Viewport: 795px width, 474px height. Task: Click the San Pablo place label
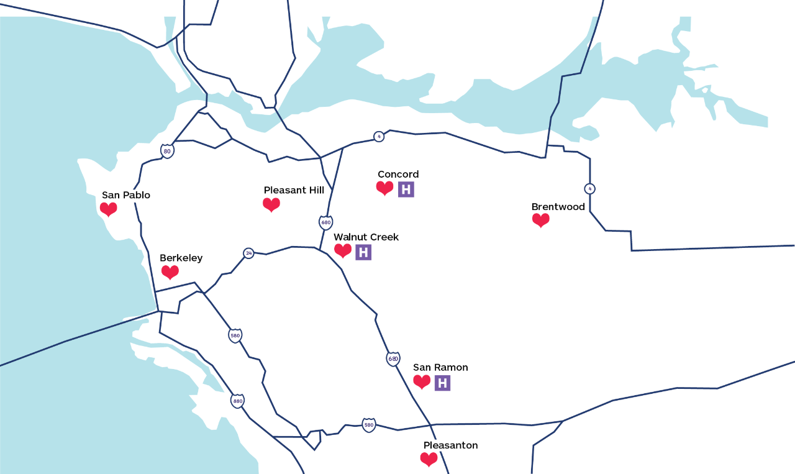tap(126, 195)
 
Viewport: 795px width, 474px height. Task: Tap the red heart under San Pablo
tap(109, 209)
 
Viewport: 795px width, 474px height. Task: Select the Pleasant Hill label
tap(294, 190)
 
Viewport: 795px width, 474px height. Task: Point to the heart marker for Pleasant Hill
tap(271, 204)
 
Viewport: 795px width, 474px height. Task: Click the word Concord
tap(398, 175)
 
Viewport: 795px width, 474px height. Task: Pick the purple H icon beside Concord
tap(406, 189)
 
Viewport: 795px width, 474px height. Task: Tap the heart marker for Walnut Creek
tap(343, 250)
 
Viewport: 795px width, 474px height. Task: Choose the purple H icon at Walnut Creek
tap(363, 252)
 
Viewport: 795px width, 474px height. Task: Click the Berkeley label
tap(181, 258)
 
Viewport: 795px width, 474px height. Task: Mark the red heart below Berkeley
tap(170, 272)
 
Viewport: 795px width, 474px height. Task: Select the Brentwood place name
tap(558, 207)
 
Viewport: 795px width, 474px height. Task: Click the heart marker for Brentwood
tap(541, 220)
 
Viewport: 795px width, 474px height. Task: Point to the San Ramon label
tap(440, 368)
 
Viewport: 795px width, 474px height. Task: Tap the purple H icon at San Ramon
tap(442, 383)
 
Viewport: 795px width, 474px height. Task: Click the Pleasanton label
tap(450, 445)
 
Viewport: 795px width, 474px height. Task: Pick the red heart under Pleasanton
tap(429, 460)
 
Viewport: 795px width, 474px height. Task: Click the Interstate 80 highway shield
tap(167, 151)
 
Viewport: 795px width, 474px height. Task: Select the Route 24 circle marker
tap(248, 253)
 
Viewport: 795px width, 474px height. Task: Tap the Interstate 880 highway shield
tap(237, 401)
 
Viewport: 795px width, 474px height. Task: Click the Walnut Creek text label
tap(366, 237)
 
